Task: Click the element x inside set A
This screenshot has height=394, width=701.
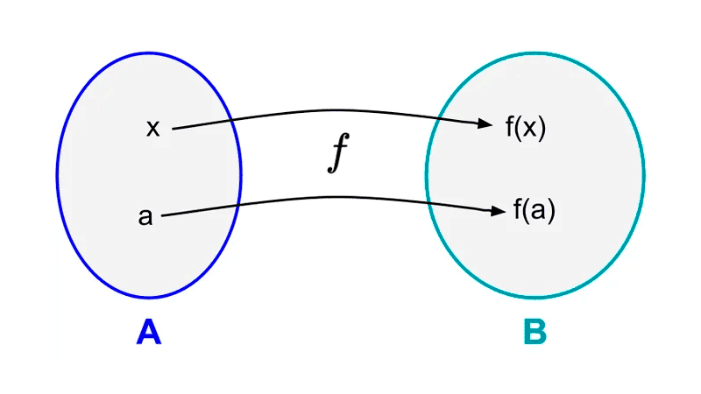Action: pyautogui.click(x=153, y=129)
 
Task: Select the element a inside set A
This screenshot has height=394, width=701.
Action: pyautogui.click(x=145, y=216)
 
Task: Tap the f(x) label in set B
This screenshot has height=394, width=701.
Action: pyautogui.click(x=525, y=128)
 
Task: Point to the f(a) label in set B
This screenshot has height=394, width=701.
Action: pyautogui.click(x=534, y=212)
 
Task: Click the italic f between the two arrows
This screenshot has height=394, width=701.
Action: pyautogui.click(x=337, y=154)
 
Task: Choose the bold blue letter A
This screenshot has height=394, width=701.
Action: pyautogui.click(x=149, y=333)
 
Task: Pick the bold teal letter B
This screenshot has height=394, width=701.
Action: pyautogui.click(x=535, y=333)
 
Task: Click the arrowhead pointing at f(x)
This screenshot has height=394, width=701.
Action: pyautogui.click(x=486, y=124)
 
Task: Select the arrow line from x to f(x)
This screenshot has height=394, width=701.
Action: pyautogui.click(x=333, y=110)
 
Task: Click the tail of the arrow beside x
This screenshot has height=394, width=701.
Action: pyautogui.click(x=174, y=129)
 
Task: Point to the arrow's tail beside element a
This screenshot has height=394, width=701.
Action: pyautogui.click(x=165, y=215)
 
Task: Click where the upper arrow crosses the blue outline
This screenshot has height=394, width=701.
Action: pyautogui.click(x=231, y=120)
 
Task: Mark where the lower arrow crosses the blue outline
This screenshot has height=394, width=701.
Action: pyautogui.click(x=237, y=204)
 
